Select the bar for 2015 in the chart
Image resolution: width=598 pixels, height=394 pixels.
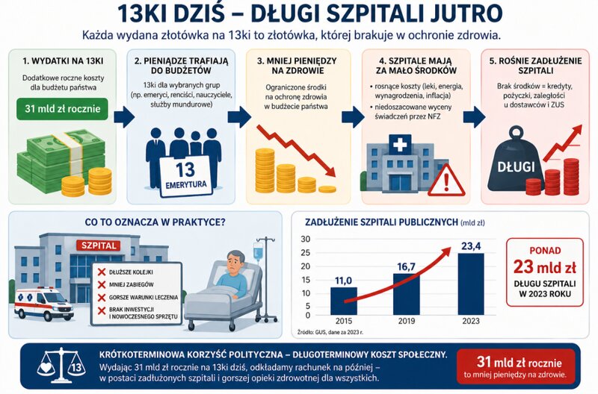point(344,299)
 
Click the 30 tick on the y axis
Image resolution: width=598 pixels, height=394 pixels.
point(305,240)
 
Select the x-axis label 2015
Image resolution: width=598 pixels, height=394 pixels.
point(344,322)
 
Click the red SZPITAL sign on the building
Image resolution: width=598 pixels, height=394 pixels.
point(91,245)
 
